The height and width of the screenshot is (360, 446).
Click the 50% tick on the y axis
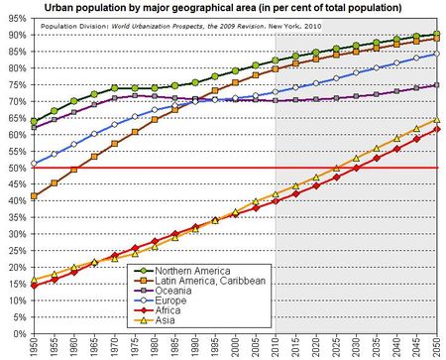pyautogui.click(x=15, y=168)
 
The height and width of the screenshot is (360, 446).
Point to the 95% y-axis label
pyautogui.click(x=15, y=20)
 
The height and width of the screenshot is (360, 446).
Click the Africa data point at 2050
pyautogui.click(x=437, y=129)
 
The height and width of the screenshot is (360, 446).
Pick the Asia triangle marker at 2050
pyautogui.click(x=437, y=119)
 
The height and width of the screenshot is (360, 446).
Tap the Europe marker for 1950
pyautogui.click(x=35, y=163)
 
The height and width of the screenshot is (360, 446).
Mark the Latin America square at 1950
pyautogui.click(x=35, y=195)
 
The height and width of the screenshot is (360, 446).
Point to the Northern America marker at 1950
pyautogui.click(x=35, y=121)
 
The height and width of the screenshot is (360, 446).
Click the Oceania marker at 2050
pyautogui.click(x=437, y=85)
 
